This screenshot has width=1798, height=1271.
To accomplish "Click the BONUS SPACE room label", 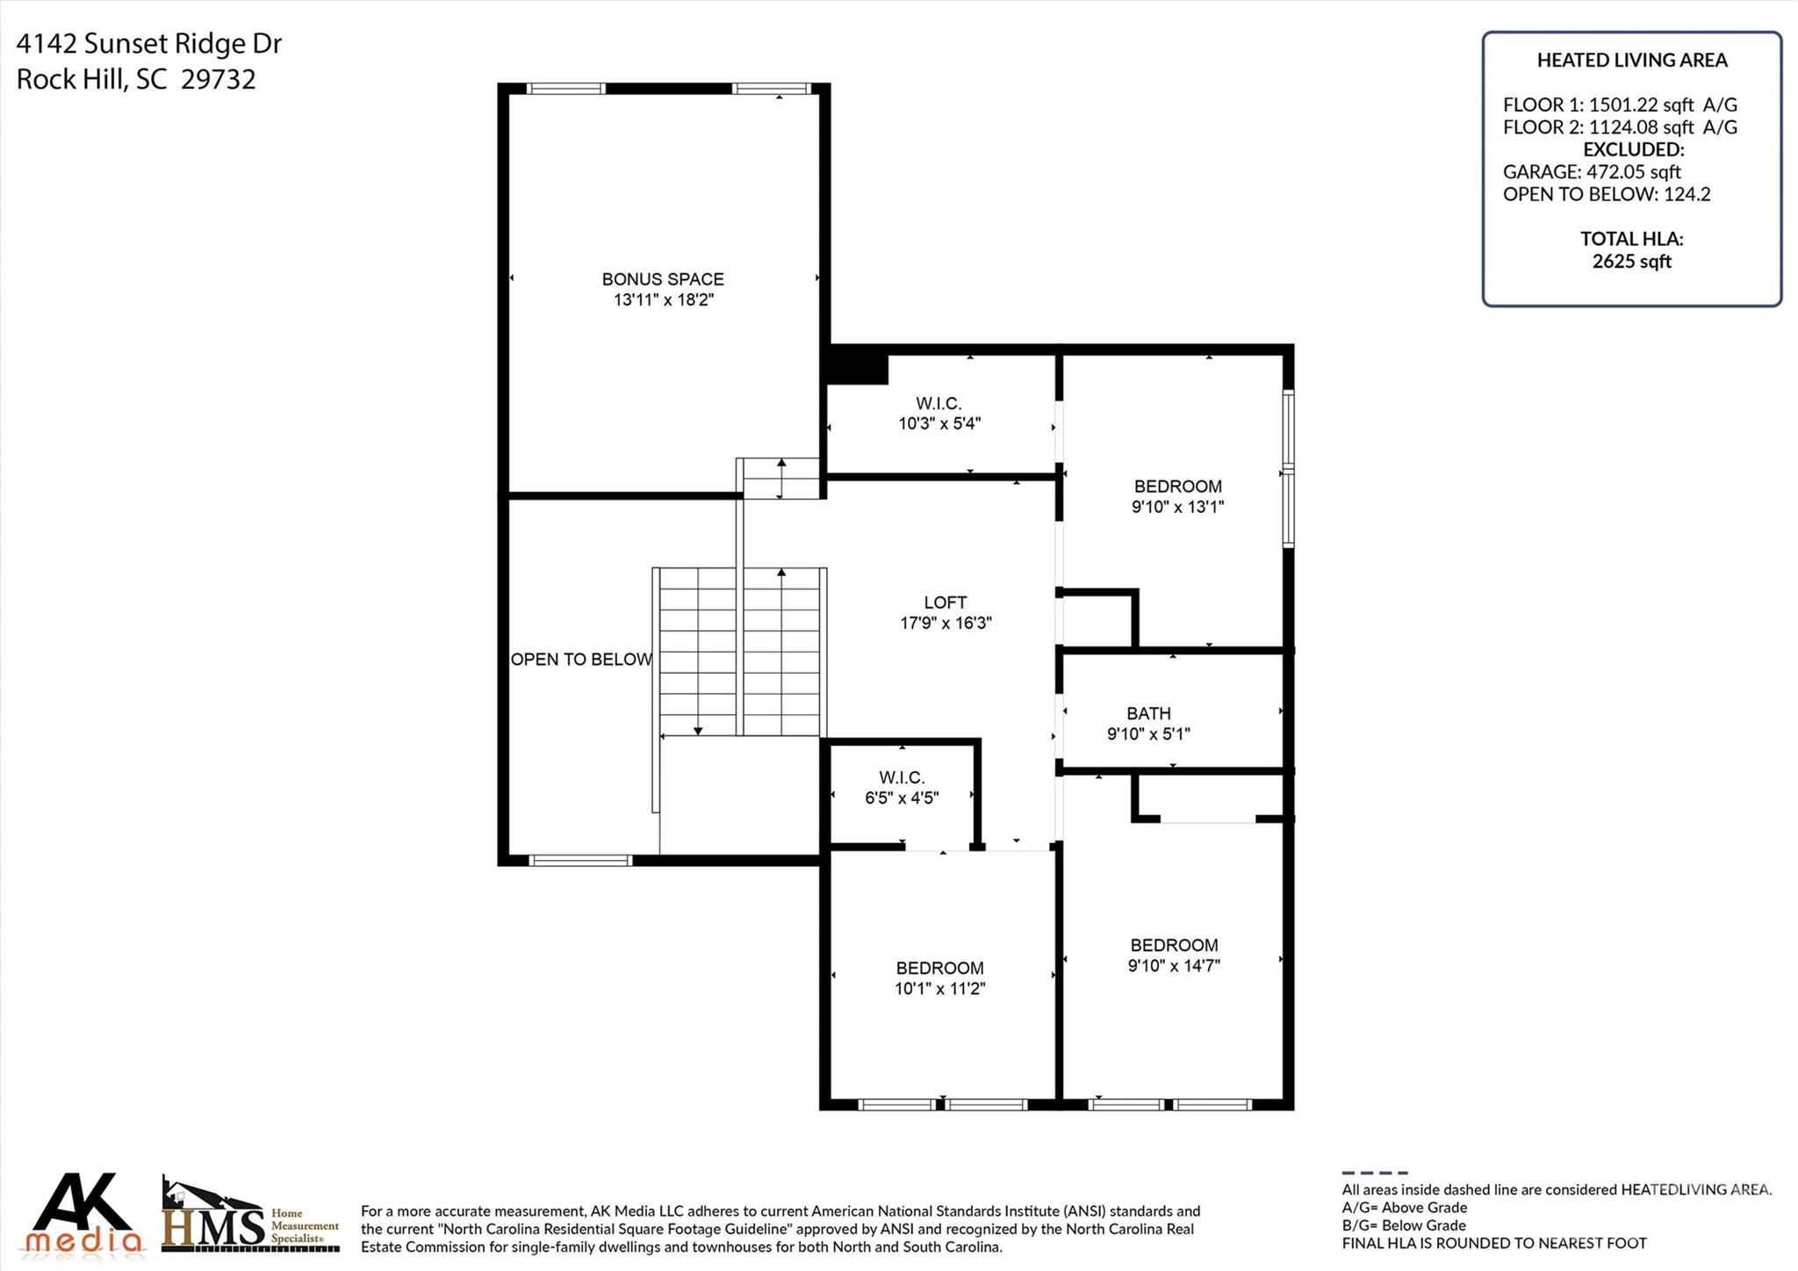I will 663,279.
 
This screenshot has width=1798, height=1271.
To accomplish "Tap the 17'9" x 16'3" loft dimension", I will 946,624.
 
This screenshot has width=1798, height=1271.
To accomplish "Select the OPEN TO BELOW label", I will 581,660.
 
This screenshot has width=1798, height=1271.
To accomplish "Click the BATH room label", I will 1148,713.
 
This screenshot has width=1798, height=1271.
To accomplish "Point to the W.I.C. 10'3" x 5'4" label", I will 939,414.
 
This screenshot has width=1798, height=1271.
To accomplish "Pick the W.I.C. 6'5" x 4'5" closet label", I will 902,788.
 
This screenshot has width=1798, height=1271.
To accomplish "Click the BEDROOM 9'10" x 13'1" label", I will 1177,496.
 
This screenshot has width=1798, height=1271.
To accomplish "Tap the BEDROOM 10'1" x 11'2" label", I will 939,978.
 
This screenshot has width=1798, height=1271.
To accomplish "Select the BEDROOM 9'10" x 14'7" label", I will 1174,955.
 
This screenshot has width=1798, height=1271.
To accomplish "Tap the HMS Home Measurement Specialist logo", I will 250,1217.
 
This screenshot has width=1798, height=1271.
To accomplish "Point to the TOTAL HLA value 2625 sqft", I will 1631,262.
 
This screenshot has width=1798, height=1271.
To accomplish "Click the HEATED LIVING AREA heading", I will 1631,61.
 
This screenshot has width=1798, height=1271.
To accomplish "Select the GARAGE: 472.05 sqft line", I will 1591,172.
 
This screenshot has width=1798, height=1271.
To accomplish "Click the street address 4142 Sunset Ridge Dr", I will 149,44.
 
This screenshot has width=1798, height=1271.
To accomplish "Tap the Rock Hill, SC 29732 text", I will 136,80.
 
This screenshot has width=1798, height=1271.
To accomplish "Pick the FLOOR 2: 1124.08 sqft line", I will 1619,127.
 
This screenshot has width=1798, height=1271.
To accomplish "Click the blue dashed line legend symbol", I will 1374,1173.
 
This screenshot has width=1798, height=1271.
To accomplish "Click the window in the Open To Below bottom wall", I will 580,860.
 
